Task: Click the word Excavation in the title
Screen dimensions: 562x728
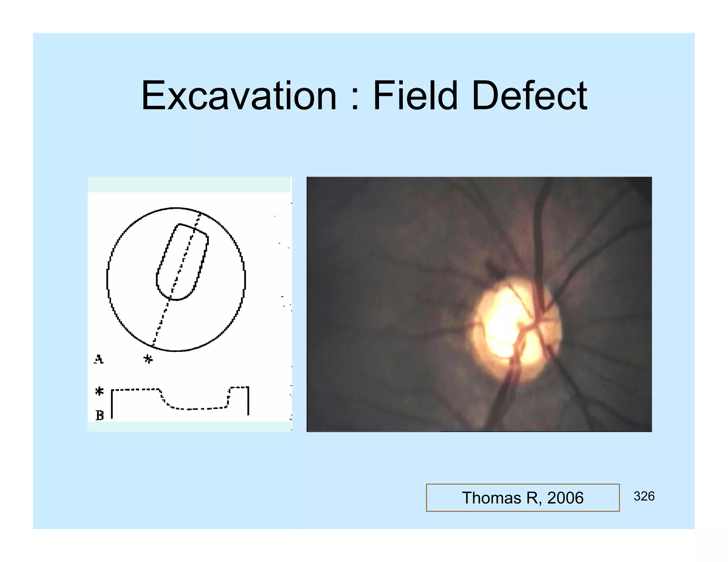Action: [x=239, y=96]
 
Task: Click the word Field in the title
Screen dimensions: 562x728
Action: [x=415, y=96]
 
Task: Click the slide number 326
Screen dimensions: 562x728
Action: [x=644, y=496]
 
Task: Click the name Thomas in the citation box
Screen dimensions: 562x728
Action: [x=491, y=498]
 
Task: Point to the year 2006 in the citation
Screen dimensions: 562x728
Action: [x=565, y=498]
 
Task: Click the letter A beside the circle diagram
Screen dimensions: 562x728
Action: [x=99, y=359]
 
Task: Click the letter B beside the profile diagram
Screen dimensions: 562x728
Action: [x=100, y=415]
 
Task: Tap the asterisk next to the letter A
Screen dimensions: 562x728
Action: [x=148, y=359]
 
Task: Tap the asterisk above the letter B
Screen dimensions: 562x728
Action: [x=100, y=391]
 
